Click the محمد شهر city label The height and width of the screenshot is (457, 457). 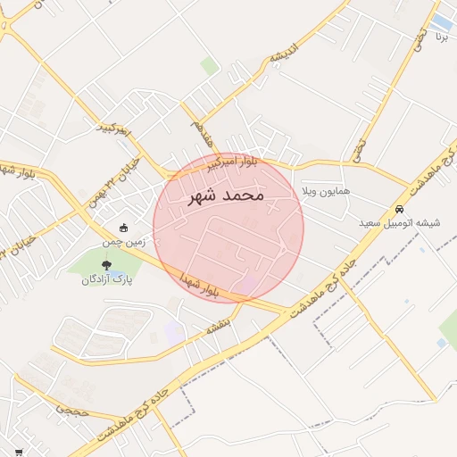point(228,195)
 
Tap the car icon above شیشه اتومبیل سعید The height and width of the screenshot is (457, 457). point(399,210)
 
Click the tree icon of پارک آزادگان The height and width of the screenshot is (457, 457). point(107,265)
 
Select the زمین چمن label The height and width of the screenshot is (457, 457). point(123,242)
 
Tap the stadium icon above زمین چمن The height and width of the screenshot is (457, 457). point(123,228)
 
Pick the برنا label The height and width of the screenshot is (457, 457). point(441,37)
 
